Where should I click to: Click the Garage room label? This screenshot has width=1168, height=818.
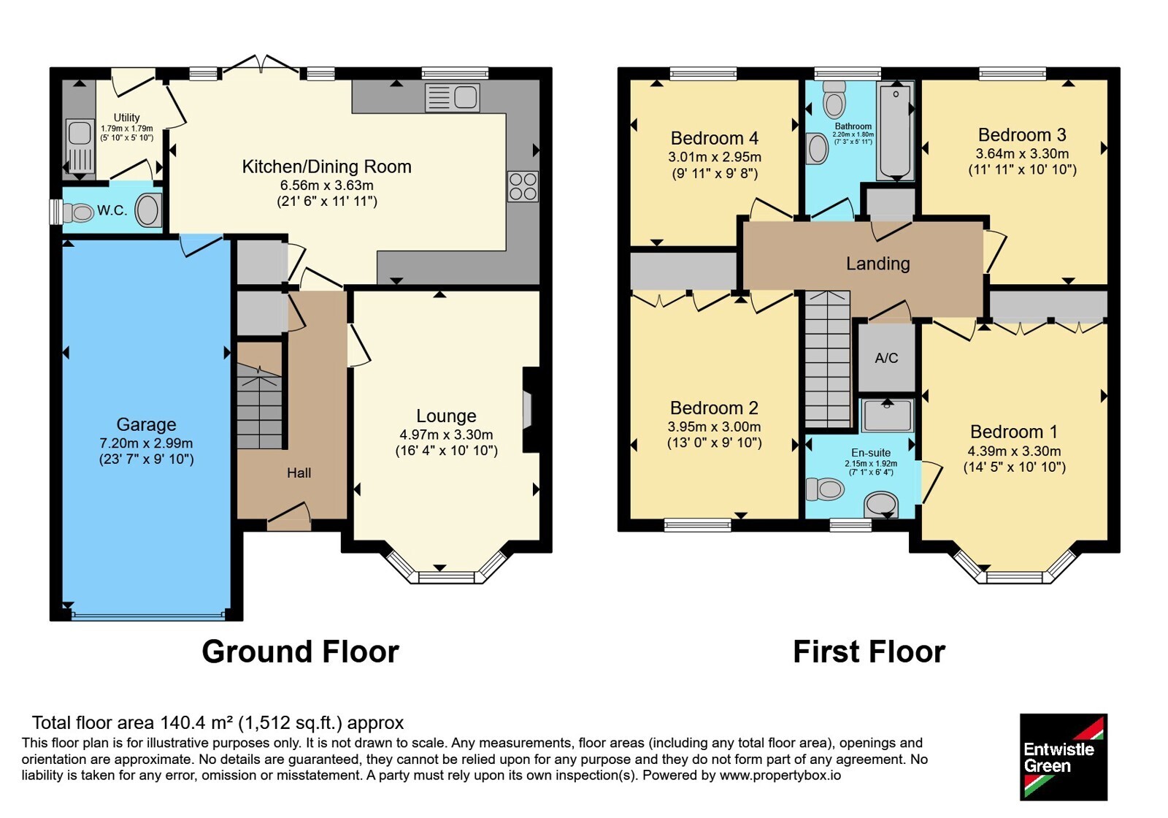(146, 424)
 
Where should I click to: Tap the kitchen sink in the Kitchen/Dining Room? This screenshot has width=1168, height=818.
(453, 98)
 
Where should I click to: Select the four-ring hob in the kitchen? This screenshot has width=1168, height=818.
(523, 186)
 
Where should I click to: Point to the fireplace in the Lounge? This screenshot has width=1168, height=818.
(531, 410)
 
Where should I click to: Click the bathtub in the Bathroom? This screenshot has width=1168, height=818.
(895, 131)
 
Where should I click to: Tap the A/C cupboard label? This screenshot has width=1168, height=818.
(886, 358)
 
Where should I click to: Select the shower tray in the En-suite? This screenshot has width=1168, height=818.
(887, 416)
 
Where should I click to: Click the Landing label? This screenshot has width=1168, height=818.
(877, 264)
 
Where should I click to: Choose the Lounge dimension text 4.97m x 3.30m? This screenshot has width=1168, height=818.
(446, 435)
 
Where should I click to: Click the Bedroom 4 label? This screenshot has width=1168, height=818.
(715, 138)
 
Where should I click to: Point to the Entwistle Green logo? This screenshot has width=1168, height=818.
(1063, 757)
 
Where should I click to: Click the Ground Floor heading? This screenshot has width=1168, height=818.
(300, 651)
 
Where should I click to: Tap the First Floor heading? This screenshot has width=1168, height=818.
(869, 651)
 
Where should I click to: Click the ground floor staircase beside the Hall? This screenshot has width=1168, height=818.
(259, 405)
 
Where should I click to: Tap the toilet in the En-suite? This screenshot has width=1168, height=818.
(825, 489)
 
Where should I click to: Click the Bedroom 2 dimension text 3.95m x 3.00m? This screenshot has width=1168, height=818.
(714, 427)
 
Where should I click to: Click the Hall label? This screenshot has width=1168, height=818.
(299, 473)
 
